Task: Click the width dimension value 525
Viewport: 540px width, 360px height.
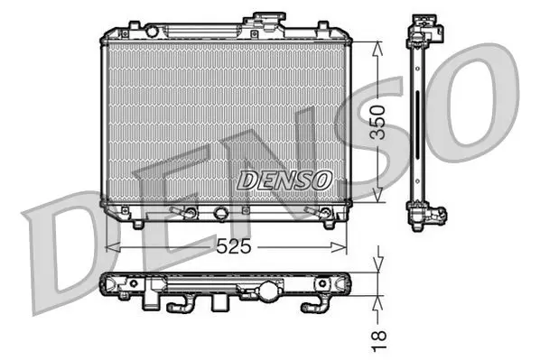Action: pyautogui.click(x=234, y=247)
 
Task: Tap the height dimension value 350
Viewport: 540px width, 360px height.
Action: pyautogui.click(x=377, y=123)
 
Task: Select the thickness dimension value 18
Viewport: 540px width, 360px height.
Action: pyautogui.click(x=379, y=341)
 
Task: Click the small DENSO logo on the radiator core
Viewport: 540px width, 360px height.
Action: pyautogui.click(x=284, y=180)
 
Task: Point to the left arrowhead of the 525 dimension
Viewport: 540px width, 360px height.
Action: pyautogui.click(x=113, y=247)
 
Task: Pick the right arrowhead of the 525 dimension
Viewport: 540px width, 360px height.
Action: pyautogui.click(x=339, y=247)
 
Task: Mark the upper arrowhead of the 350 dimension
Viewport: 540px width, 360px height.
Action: pyautogui.click(x=377, y=49)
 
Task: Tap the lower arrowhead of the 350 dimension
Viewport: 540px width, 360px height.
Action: pyautogui.click(x=377, y=195)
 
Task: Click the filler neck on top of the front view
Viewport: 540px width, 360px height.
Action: pyautogui.click(x=265, y=23)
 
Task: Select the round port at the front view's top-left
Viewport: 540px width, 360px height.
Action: pyautogui.click(x=152, y=31)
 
